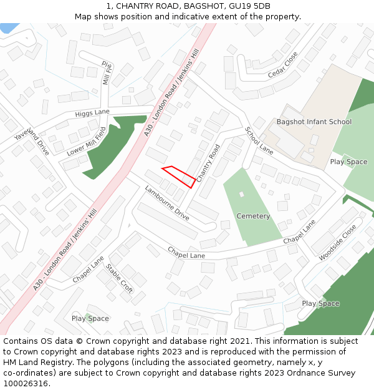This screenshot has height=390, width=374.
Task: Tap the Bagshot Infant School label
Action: (x=314, y=122)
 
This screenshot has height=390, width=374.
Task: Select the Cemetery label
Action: (x=253, y=216)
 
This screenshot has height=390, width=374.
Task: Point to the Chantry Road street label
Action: (x=208, y=163)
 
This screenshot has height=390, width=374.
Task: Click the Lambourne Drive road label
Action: (x=166, y=203)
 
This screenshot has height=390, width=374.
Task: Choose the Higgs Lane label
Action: (x=92, y=113)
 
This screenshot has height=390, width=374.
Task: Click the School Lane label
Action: (x=259, y=141)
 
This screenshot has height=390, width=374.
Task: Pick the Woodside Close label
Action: (x=337, y=243)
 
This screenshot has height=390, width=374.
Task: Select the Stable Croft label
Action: (x=118, y=278)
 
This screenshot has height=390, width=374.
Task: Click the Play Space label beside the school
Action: (x=348, y=162)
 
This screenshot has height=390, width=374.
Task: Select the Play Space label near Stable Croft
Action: (x=90, y=318)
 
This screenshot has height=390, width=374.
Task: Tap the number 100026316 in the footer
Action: (x=25, y=383)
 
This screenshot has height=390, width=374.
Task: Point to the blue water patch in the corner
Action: (x=7, y=27)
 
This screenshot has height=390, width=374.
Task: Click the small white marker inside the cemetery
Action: (x=242, y=194)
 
